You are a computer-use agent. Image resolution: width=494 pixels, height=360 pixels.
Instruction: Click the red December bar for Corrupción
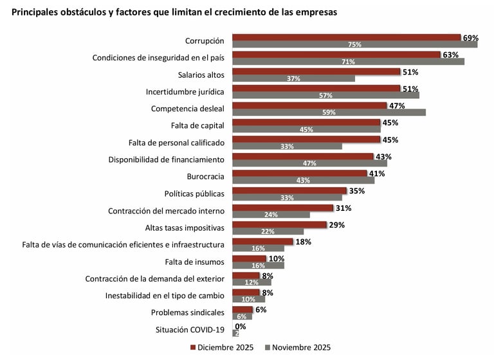[x=346, y=37]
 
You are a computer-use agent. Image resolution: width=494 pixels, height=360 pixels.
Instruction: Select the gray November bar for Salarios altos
[x=293, y=78]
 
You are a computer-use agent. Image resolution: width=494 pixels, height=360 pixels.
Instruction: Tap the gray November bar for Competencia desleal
[x=329, y=113]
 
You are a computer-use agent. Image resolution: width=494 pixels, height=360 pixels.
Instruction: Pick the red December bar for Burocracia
[x=299, y=174]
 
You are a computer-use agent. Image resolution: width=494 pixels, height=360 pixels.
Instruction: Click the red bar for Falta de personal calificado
[x=306, y=139]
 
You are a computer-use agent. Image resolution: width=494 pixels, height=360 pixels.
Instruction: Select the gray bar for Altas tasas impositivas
[x=268, y=231]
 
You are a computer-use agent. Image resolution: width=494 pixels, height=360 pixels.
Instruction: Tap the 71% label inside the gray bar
[x=349, y=62]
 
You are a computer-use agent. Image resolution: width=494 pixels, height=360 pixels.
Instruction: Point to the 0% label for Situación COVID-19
[x=241, y=327]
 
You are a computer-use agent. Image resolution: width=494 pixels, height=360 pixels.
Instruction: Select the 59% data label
[x=329, y=113]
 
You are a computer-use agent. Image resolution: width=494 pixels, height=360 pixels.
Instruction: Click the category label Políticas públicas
[x=194, y=193]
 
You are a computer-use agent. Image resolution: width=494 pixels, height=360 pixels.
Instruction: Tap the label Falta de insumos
[x=194, y=261]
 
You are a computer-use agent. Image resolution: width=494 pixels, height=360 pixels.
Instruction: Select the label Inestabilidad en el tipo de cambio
[x=165, y=296]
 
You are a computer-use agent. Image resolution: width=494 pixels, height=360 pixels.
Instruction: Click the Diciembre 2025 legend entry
[x=221, y=348]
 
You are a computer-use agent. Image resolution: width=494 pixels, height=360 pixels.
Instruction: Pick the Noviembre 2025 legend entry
[x=297, y=348]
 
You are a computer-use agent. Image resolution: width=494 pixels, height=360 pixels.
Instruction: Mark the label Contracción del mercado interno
[x=166, y=210]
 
